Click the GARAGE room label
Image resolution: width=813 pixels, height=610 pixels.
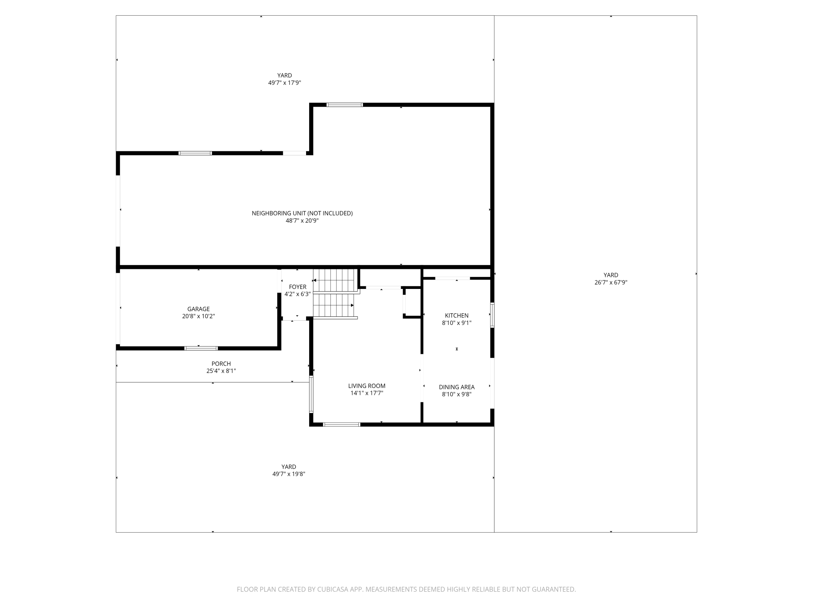click(x=199, y=309)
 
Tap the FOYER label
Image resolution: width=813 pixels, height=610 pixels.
click(x=297, y=287)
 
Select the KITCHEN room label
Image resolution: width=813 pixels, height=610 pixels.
click(x=457, y=316)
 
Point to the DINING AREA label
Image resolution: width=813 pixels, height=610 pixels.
click(x=457, y=387)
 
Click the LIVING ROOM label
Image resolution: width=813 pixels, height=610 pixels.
click(x=367, y=386)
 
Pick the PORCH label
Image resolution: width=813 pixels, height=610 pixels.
click(x=221, y=364)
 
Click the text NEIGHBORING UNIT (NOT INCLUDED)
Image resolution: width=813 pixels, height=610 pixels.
click(x=302, y=213)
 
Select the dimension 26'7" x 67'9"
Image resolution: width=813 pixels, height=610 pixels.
click(x=611, y=282)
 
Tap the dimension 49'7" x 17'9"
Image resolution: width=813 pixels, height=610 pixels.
click(x=285, y=83)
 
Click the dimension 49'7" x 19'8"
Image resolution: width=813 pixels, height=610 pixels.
click(x=289, y=474)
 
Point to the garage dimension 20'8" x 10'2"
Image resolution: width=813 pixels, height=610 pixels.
click(x=199, y=316)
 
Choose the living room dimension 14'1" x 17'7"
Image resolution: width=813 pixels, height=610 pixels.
click(x=367, y=393)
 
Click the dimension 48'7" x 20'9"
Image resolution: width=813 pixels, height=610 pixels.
click(x=302, y=221)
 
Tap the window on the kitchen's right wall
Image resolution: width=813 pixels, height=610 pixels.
click(x=492, y=315)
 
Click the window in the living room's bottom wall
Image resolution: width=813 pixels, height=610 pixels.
click(x=342, y=424)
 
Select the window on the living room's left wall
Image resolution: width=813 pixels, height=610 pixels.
click(x=311, y=394)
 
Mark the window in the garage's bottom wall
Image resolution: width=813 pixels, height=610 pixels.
click(x=201, y=348)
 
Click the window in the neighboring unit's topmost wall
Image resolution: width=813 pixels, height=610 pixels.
click(x=345, y=105)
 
